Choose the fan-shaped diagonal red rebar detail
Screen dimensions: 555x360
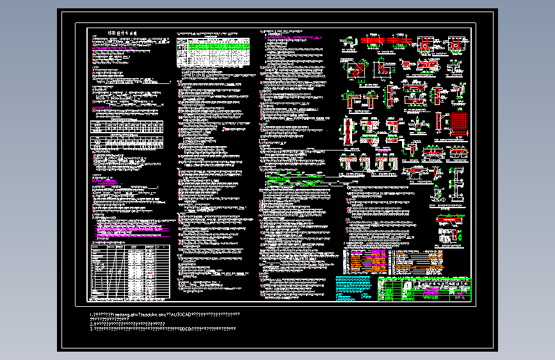356,69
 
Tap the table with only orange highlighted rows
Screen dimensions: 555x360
419,259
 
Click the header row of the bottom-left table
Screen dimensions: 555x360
131,247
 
